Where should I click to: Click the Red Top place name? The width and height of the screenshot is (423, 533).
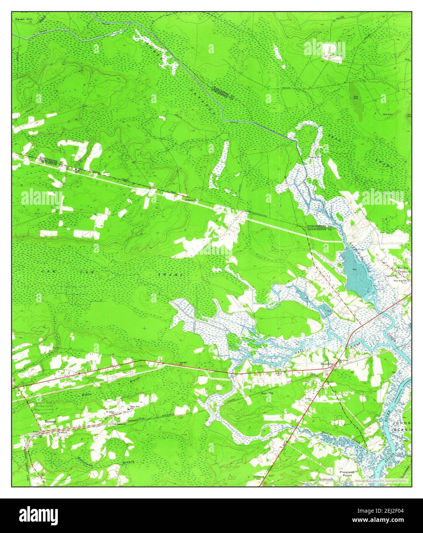click(x=402, y=267)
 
